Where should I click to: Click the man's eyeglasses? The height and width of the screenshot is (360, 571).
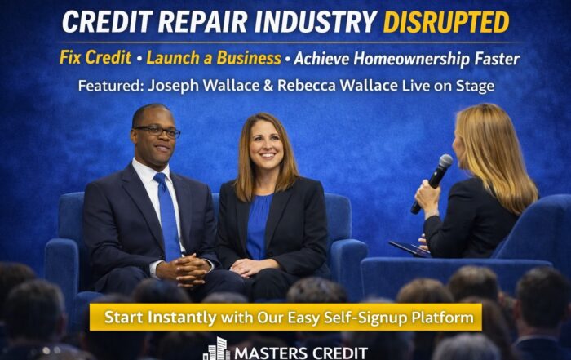click(157, 130)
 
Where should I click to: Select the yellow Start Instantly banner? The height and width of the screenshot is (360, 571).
click(285, 317)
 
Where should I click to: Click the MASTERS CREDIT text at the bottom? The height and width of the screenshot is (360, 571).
click(302, 353)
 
